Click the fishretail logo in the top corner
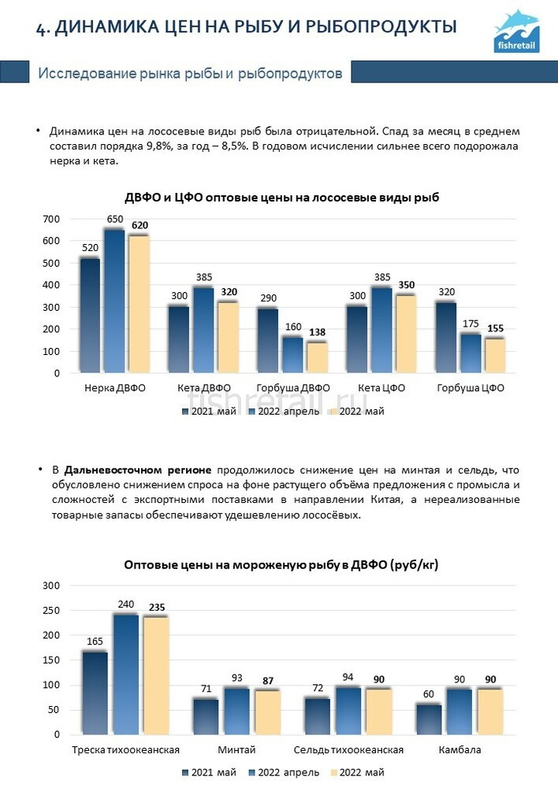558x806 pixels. pyautogui.click(x=517, y=31)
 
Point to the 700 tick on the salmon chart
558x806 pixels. pyautogui.click(x=51, y=219)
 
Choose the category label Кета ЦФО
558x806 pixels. pyautogui.click(x=382, y=388)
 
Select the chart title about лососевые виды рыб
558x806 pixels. pyautogui.click(x=281, y=198)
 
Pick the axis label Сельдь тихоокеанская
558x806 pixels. pyautogui.click(x=348, y=749)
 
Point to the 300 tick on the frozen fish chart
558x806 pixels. pyautogui.click(x=51, y=586)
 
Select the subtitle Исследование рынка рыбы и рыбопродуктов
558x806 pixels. pyautogui.click(x=190, y=74)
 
